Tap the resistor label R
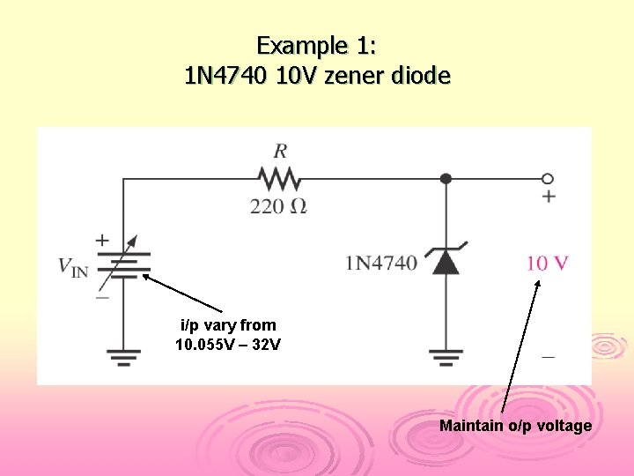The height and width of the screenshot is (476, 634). (280, 150)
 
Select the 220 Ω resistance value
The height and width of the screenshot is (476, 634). (279, 207)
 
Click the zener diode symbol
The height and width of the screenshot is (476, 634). (446, 261)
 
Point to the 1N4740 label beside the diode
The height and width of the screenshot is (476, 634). (381, 263)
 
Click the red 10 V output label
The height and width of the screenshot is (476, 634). (547, 263)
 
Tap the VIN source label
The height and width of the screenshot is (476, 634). (73, 265)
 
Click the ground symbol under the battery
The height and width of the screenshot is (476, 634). (123, 356)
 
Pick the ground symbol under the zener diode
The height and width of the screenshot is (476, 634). (446, 357)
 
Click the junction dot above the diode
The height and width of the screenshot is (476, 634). (446, 178)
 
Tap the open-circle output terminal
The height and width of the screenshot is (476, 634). (548, 178)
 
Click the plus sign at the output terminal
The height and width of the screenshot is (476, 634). (549, 196)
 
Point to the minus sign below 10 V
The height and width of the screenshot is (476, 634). (549, 357)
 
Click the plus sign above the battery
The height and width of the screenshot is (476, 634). (103, 239)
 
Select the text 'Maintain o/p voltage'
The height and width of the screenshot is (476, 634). (515, 427)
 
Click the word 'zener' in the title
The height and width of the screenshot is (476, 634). (360, 76)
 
